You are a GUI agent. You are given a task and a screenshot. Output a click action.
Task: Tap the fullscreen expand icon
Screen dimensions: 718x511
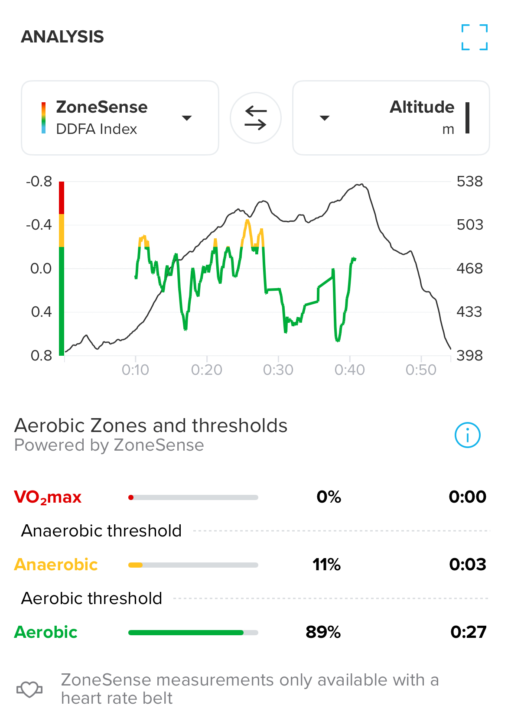tap(475, 37)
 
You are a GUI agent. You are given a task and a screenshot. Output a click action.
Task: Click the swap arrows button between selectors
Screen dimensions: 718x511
tap(256, 118)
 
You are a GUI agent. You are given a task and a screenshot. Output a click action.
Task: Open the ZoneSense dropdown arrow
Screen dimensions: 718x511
tap(187, 118)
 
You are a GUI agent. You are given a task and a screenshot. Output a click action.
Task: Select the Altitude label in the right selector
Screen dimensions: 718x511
tap(422, 107)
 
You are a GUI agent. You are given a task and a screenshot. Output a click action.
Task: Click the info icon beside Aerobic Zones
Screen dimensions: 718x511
tap(467, 435)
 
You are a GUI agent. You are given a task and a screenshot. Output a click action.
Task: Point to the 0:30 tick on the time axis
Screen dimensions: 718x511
tap(278, 370)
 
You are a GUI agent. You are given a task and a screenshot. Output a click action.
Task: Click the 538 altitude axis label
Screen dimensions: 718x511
tap(469, 181)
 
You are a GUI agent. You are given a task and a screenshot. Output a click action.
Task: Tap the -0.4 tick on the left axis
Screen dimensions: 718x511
tap(39, 224)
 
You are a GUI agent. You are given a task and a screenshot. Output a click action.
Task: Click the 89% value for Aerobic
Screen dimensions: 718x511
tap(323, 632)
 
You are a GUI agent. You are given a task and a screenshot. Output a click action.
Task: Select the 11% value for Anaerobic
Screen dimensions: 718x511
tap(326, 565)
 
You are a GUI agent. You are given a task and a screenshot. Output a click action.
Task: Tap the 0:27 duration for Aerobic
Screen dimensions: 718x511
tap(468, 632)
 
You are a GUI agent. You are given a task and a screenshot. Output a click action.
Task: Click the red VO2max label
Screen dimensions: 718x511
tap(48, 497)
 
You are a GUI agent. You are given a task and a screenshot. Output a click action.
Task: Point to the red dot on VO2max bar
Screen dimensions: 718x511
tap(131, 497)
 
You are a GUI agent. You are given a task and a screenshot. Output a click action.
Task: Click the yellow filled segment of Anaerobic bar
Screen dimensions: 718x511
tap(135, 565)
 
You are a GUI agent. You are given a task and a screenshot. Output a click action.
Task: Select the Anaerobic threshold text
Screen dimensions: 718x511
tap(101, 531)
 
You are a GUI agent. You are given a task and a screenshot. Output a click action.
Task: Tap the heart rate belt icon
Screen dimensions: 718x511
tap(29, 689)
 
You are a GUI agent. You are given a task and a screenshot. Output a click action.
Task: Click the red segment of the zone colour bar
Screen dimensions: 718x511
tap(62, 198)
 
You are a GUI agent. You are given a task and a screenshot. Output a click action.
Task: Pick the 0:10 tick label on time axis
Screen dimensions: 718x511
tap(135, 370)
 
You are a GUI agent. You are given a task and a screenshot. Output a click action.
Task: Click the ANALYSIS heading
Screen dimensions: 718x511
tap(62, 37)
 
